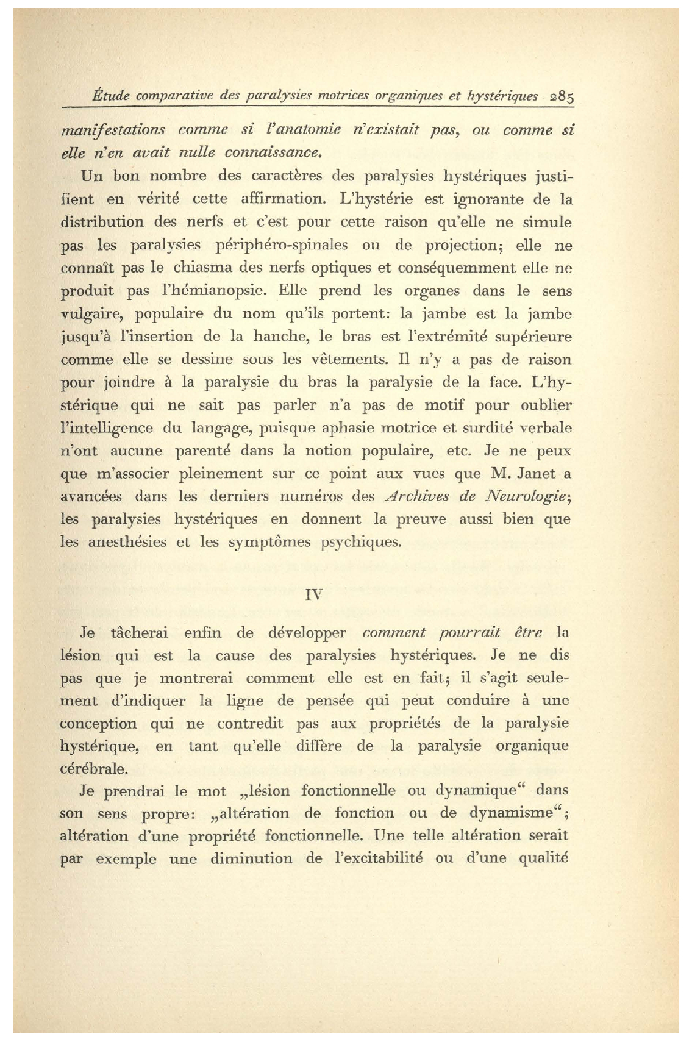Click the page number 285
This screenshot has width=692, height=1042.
tap(563, 97)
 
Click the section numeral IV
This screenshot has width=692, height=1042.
tap(314, 594)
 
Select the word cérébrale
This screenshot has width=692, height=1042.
tap(93, 769)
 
